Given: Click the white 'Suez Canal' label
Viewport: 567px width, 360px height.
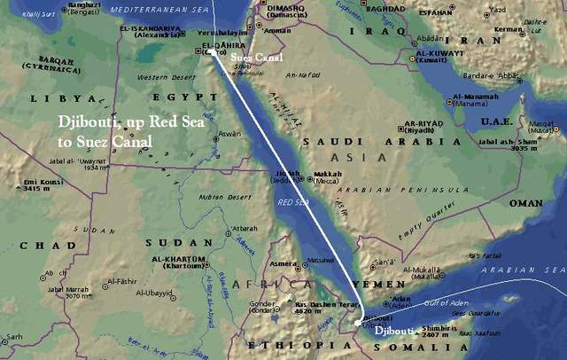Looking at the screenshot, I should tap(257, 59).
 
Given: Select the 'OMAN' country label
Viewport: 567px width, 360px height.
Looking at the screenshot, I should tap(524, 203).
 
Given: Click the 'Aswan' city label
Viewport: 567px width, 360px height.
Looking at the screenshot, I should tap(229, 133).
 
